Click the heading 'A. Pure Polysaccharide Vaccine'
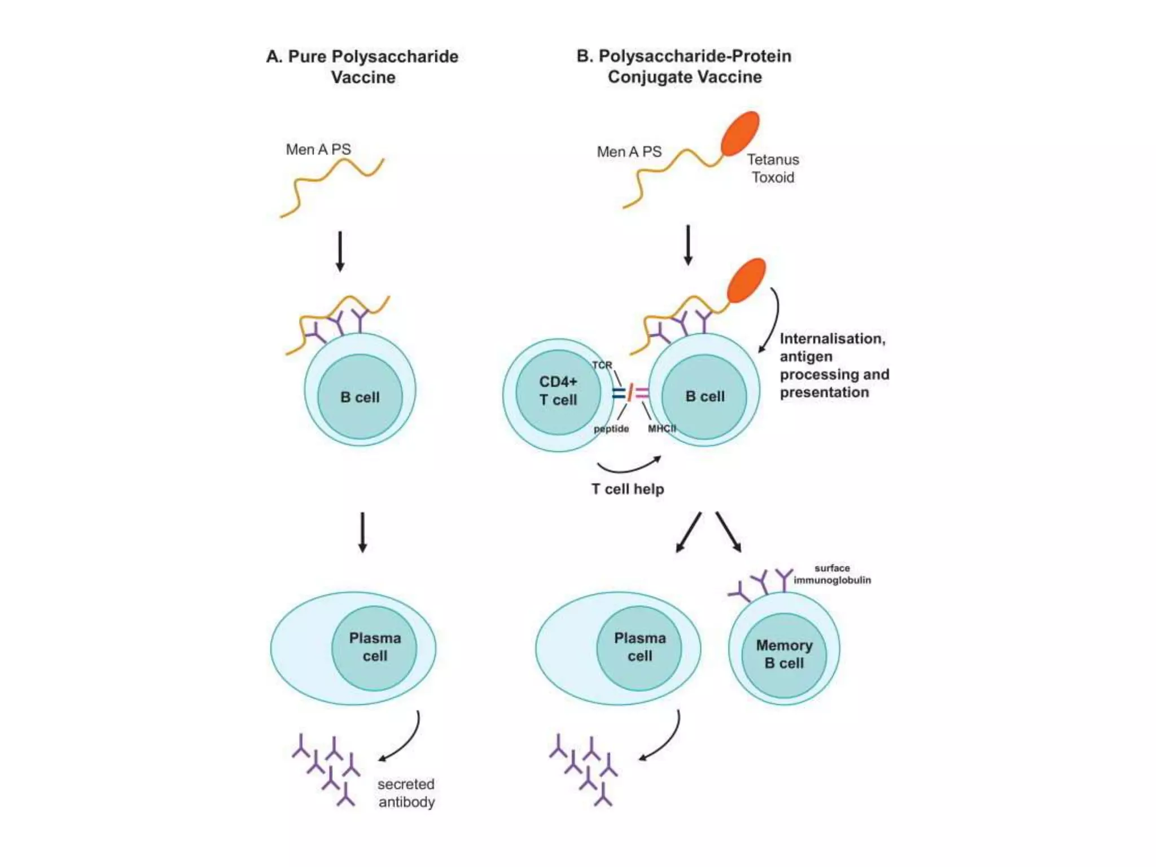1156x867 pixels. (362, 67)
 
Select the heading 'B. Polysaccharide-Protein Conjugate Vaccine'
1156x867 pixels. (684, 66)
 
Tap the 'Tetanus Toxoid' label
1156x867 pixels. (773, 168)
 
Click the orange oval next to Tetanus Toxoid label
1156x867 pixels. (740, 133)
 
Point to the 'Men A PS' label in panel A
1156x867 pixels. (318, 150)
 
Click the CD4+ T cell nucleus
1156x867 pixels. (558, 392)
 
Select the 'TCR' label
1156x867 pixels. (602, 365)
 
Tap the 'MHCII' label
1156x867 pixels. (662, 428)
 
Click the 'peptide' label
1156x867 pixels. (611, 428)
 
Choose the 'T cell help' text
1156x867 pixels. (628, 489)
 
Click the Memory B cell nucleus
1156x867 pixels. (783, 655)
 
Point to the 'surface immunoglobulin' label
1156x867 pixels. (832, 574)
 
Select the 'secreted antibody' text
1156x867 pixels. (406, 792)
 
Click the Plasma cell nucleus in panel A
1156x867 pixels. (374, 647)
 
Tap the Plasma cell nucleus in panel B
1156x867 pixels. (639, 647)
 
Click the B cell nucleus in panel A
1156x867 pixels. (360, 397)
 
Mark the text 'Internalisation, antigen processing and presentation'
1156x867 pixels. (834, 365)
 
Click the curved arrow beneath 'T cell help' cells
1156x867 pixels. (629, 466)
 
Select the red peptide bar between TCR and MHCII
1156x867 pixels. (630, 392)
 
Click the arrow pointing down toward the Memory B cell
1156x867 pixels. (729, 532)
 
